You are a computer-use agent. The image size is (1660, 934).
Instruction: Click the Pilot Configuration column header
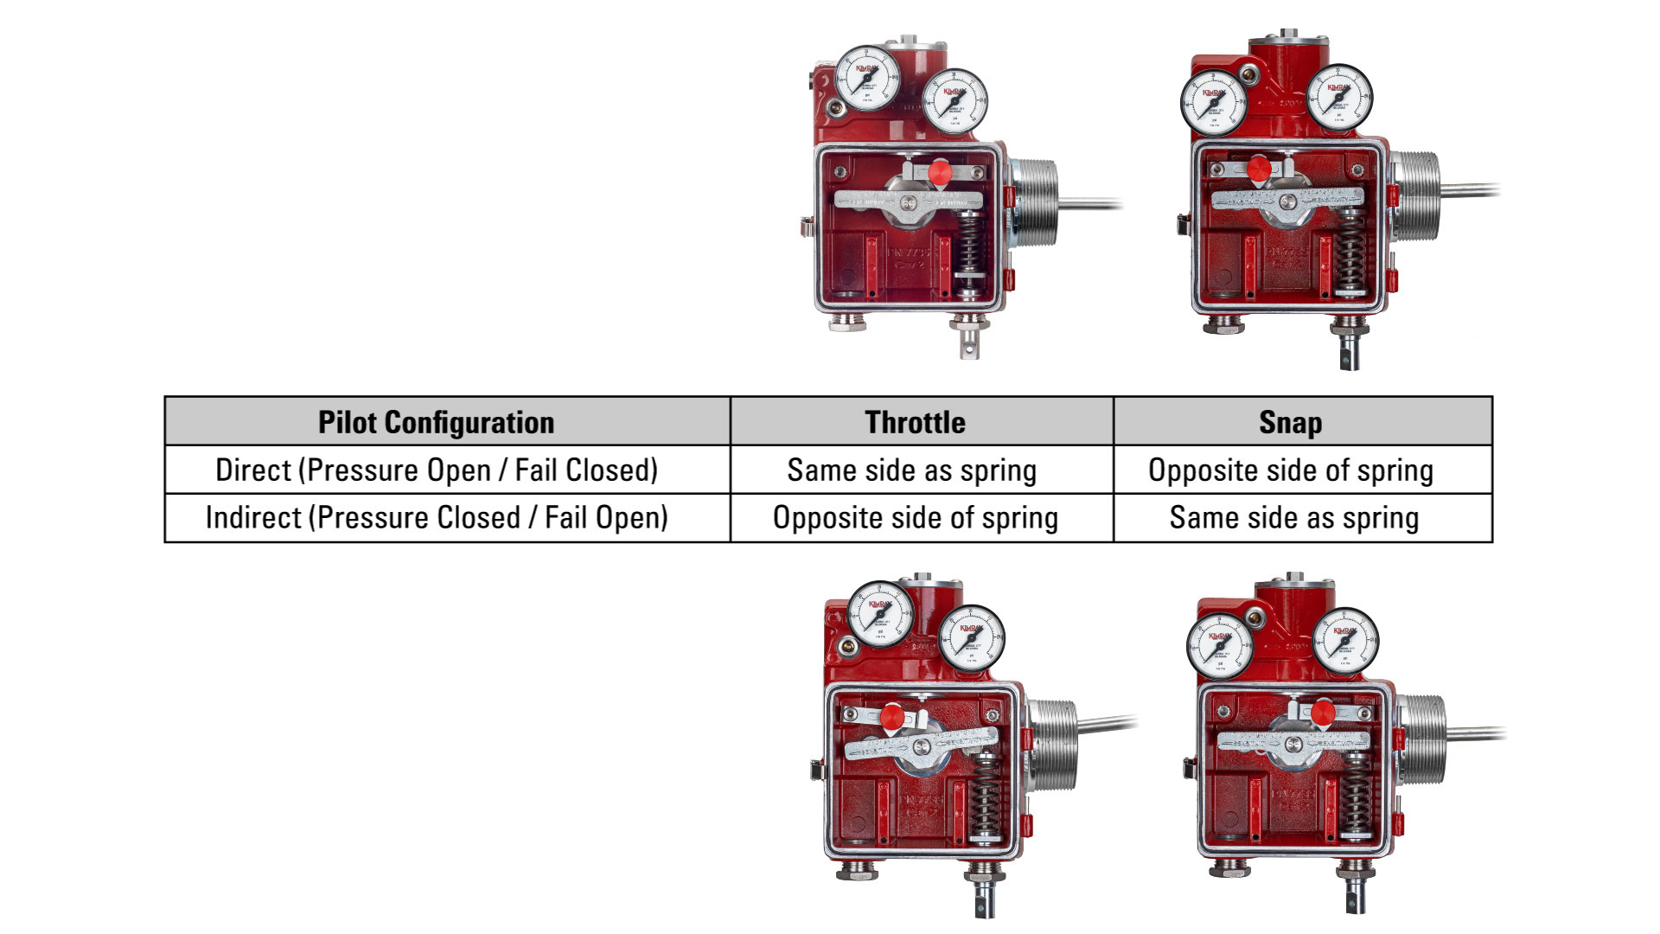click(x=437, y=422)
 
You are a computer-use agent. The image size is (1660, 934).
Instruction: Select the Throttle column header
click(x=915, y=422)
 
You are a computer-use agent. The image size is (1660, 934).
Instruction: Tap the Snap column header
click(x=1290, y=422)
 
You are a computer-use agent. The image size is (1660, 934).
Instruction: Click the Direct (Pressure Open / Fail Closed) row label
click(x=437, y=470)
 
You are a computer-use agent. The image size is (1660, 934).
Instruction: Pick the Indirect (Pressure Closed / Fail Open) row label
click(x=437, y=518)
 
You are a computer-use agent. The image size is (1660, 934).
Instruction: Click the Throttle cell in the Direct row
click(x=912, y=470)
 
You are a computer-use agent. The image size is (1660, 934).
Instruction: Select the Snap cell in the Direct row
click(x=1291, y=470)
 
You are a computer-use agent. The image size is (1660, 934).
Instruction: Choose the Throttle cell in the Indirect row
click(x=916, y=518)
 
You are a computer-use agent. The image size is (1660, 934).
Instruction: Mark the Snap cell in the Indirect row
click(x=1294, y=518)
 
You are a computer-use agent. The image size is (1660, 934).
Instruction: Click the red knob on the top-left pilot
click(x=940, y=173)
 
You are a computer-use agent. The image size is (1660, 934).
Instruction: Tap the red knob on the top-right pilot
click(x=1259, y=169)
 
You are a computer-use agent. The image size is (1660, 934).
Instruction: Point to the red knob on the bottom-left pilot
click(x=892, y=717)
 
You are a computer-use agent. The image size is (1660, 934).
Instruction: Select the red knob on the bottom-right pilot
click(x=1322, y=713)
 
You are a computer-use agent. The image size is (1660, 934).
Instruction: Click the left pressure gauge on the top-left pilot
click(x=867, y=79)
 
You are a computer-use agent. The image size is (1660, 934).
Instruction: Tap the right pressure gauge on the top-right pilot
click(x=1338, y=98)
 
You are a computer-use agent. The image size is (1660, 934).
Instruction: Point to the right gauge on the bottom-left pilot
click(x=971, y=639)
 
